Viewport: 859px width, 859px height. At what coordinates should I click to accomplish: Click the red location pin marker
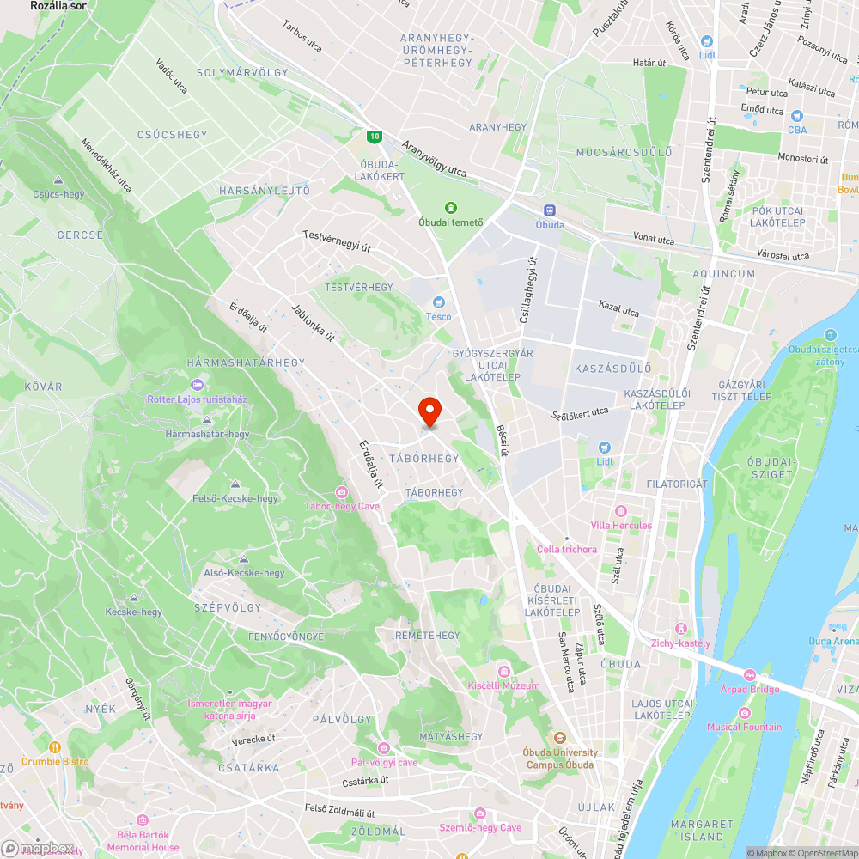pyautogui.click(x=429, y=411)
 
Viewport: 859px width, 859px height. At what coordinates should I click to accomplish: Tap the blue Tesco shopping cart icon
pyautogui.click(x=439, y=302)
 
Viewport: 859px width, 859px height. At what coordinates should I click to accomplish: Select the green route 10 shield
pyautogui.click(x=374, y=136)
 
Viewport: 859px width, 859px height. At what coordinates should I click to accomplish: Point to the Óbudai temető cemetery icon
pyautogui.click(x=449, y=207)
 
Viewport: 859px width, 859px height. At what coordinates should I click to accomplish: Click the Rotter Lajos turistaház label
pyautogui.click(x=197, y=399)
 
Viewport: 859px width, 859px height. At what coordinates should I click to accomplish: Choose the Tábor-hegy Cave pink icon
pyautogui.click(x=342, y=491)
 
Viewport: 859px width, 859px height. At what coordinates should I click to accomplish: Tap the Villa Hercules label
pyautogui.click(x=621, y=525)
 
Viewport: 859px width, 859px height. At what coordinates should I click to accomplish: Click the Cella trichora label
pyautogui.click(x=566, y=549)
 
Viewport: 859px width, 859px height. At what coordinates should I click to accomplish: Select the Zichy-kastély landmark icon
pyautogui.click(x=681, y=629)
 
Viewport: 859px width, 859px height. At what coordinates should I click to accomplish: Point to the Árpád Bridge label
pyautogui.click(x=750, y=689)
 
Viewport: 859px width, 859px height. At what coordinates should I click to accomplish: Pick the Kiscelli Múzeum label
pyautogui.click(x=503, y=685)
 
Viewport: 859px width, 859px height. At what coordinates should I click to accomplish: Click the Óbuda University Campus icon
pyautogui.click(x=559, y=737)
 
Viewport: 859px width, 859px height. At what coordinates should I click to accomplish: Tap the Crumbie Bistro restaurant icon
pyautogui.click(x=55, y=747)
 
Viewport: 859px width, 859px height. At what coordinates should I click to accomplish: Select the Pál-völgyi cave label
pyautogui.click(x=384, y=762)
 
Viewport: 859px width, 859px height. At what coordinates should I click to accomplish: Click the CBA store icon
pyautogui.click(x=797, y=116)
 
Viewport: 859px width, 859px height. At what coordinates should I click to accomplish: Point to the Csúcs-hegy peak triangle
pyautogui.click(x=58, y=180)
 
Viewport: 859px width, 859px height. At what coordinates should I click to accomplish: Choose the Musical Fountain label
pyautogui.click(x=744, y=727)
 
